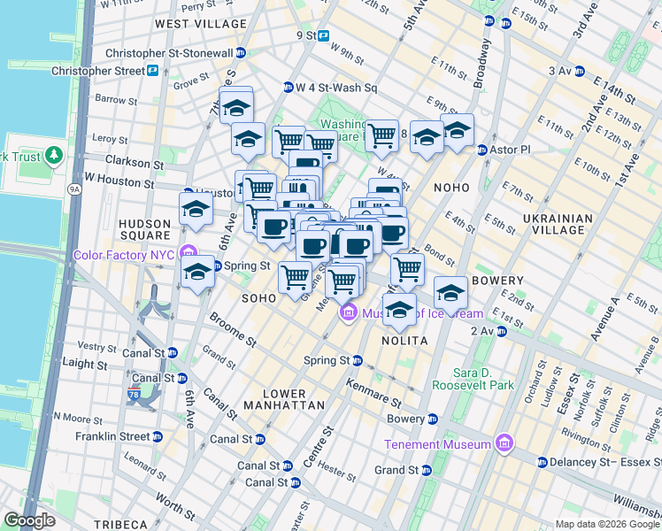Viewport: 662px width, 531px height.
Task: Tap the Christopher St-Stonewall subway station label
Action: pos(185,53)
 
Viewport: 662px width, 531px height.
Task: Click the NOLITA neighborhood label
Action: pos(404,341)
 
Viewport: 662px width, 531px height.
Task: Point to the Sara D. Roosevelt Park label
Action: pos(483,379)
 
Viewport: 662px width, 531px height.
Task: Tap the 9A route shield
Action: pos(74,189)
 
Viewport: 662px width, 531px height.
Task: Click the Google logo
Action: pos(30,520)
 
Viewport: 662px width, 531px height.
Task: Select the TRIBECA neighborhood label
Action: pos(120,524)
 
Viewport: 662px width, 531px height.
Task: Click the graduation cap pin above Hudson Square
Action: pos(196,209)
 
